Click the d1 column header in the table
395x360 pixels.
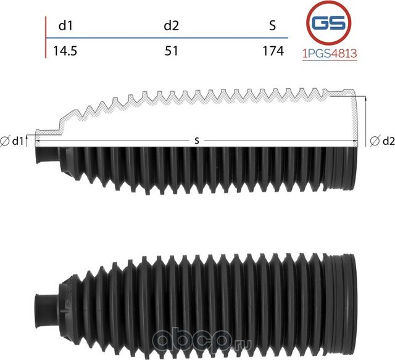coord(64,25)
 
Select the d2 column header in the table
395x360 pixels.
coord(171,25)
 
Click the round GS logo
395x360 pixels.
coord(330,23)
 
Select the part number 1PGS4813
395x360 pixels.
coord(330,54)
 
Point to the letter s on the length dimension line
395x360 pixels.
coord(196,141)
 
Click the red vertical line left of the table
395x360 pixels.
coord(46,37)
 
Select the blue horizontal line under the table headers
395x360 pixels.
coord(167,38)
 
